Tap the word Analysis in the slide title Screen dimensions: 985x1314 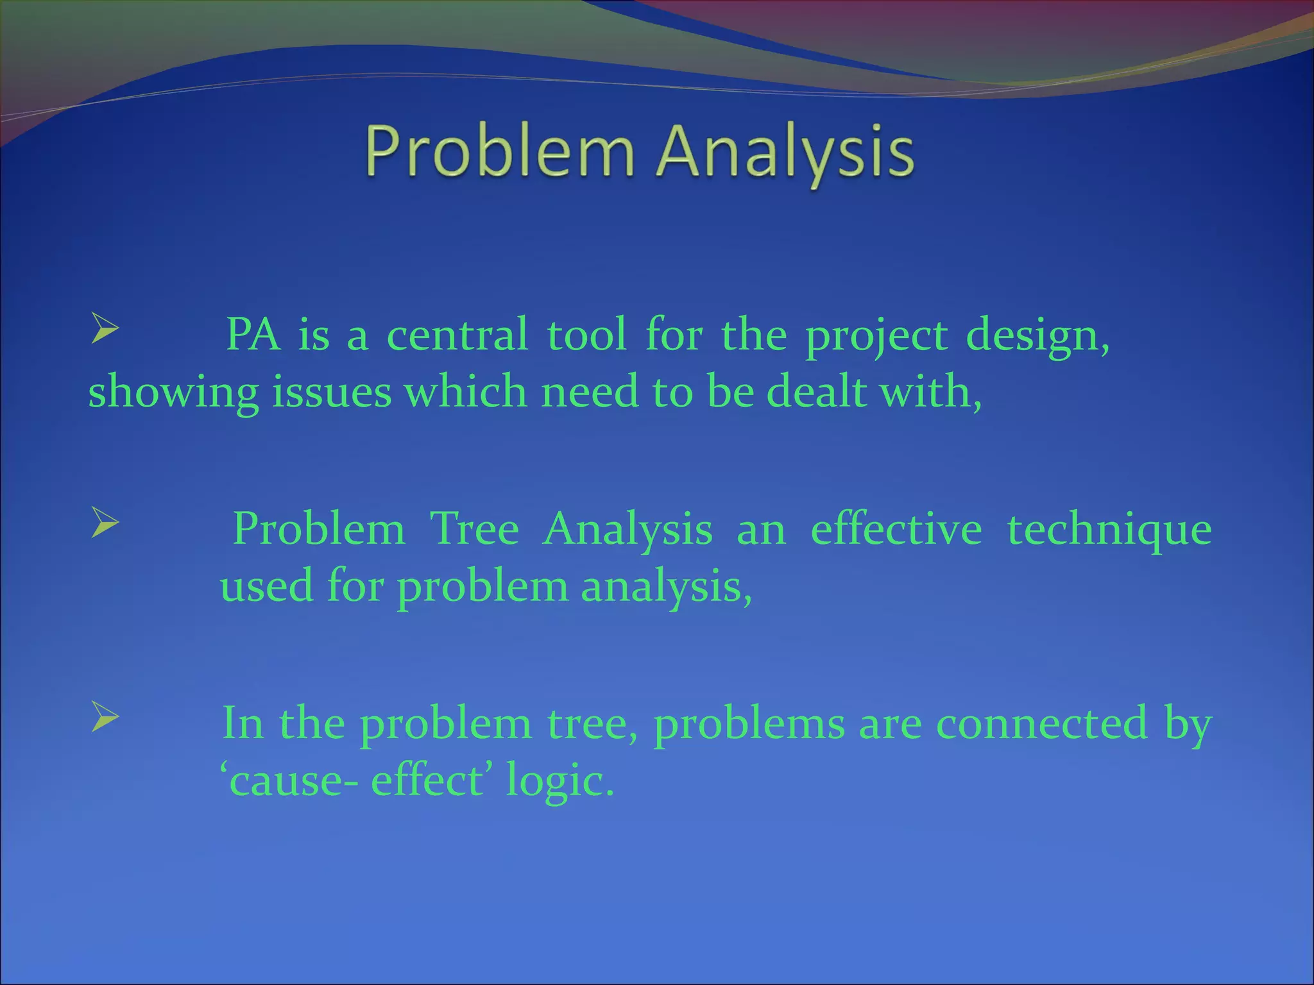785,151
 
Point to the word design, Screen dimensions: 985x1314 1037,335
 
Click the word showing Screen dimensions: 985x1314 173,392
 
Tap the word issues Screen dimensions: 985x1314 332,392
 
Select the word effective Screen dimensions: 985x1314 896,530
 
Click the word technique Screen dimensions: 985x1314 1109,531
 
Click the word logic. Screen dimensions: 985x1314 560,782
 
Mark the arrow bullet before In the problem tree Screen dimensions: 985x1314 105,716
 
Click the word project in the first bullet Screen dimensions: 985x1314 876,335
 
